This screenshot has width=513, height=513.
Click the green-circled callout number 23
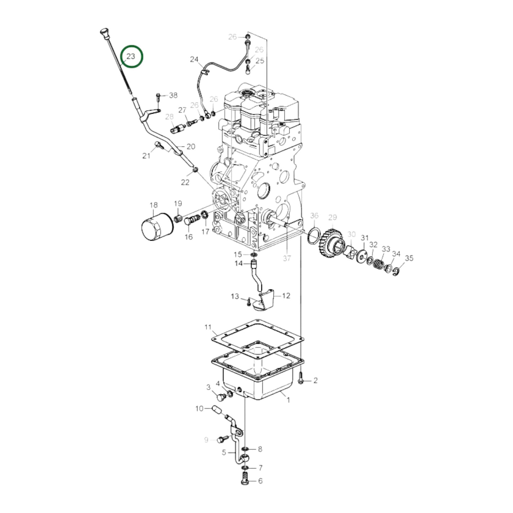click(131, 56)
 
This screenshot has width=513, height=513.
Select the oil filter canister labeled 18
click(157, 227)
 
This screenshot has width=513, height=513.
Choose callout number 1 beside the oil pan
click(288, 400)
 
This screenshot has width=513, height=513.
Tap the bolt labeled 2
click(301, 378)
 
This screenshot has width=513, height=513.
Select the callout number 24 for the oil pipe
click(194, 59)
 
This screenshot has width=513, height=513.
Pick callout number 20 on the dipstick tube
click(191, 146)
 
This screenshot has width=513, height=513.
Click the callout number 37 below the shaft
click(287, 258)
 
